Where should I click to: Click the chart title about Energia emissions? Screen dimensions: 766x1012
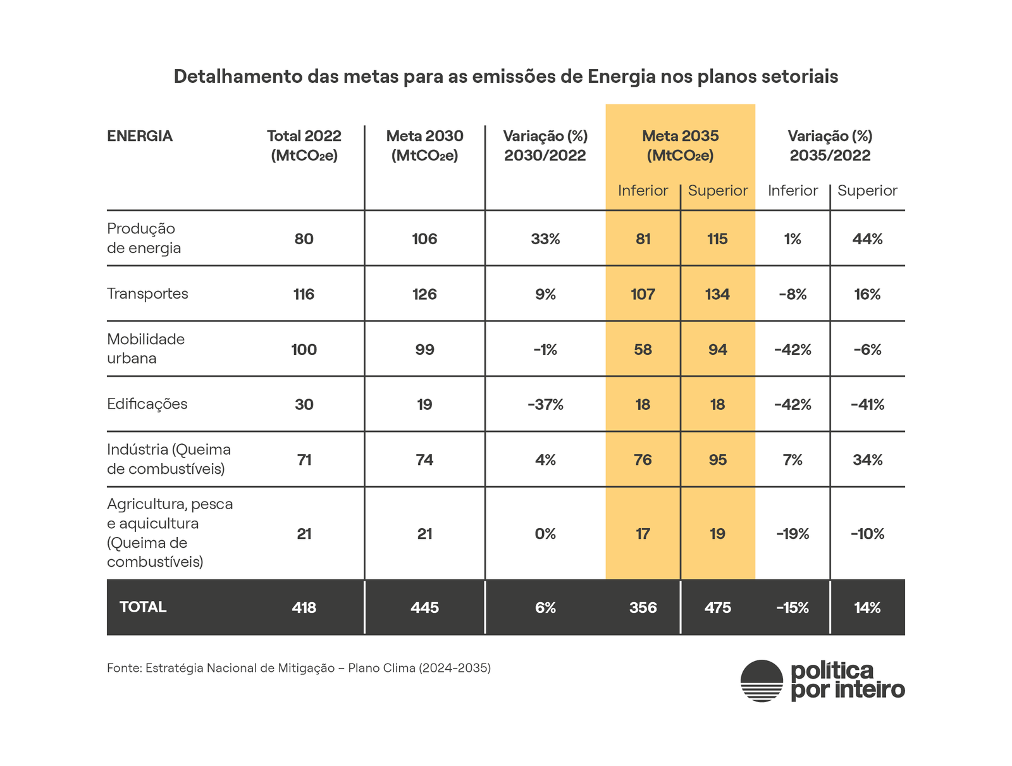click(x=505, y=77)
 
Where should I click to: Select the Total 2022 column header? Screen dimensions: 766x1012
click(x=304, y=145)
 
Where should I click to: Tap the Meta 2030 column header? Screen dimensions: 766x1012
click(x=424, y=145)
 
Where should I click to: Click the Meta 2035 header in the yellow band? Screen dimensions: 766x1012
click(x=680, y=145)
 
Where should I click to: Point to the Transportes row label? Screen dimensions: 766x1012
click(x=147, y=293)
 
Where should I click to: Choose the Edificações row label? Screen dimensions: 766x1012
click(x=147, y=404)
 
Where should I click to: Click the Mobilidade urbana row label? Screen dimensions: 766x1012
click(x=145, y=349)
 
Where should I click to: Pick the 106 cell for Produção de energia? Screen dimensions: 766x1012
click(x=424, y=239)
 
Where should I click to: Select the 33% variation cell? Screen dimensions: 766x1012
click(x=545, y=239)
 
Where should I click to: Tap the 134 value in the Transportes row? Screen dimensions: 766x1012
click(x=717, y=294)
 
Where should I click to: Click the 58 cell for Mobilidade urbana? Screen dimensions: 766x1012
click(x=643, y=350)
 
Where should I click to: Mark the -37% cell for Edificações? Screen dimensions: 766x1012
click(x=545, y=405)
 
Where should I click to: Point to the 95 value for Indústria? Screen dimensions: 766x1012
click(x=717, y=460)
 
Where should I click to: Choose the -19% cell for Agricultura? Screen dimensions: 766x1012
click(x=793, y=534)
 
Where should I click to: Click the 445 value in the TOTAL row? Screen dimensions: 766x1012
click(x=424, y=608)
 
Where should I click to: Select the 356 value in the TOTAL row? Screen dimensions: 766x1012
click(x=643, y=608)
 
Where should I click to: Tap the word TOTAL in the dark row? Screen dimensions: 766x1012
click(x=143, y=607)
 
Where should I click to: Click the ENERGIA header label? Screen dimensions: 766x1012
click(x=140, y=136)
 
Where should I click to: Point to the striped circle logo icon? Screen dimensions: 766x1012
click(x=762, y=681)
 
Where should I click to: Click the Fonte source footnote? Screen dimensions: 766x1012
click(x=299, y=668)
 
